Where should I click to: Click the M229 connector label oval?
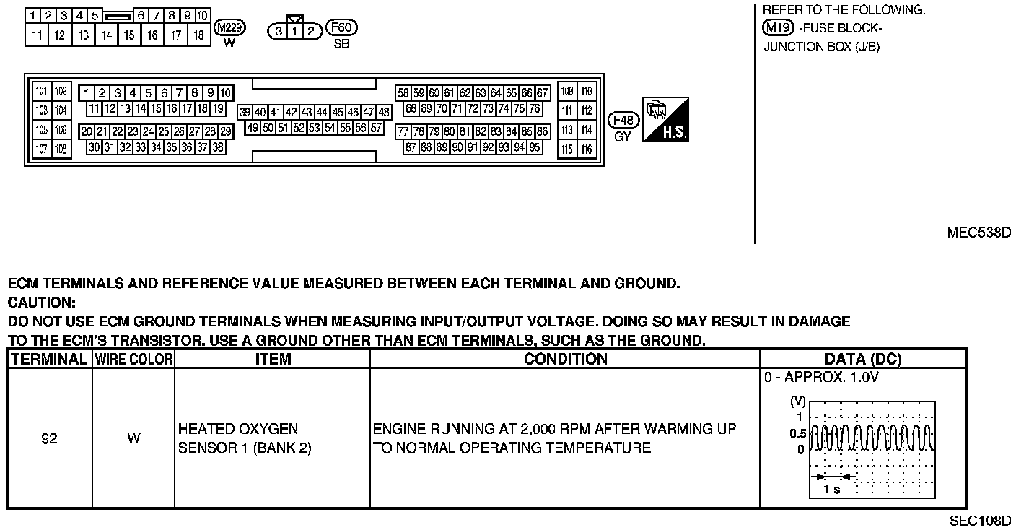231,28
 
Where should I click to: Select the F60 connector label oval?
342,28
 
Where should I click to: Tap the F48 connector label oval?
623,120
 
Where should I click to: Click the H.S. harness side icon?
665,120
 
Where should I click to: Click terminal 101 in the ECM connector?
42,92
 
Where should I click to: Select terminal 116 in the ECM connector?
586,149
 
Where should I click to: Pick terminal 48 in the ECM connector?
384,113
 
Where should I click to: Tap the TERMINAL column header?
49,359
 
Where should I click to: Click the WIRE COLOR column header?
133,359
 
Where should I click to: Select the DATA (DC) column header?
863,359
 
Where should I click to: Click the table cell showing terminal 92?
49,438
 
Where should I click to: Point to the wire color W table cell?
133,438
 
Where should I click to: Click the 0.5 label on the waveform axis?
797,434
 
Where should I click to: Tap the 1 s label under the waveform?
831,490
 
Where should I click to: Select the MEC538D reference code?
978,233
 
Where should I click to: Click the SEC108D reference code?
980,521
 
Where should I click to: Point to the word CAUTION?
41,303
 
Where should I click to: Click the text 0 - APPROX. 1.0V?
820,378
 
